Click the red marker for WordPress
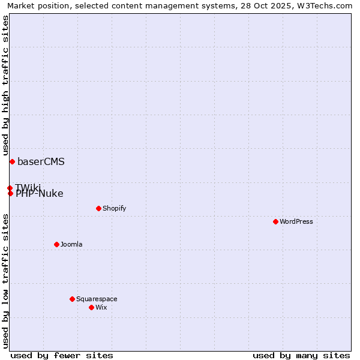pyautogui.click(x=275, y=221)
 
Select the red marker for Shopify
pyautogui.click(x=98, y=208)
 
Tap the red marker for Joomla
pyautogui.click(x=56, y=244)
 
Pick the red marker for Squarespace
pyautogui.click(x=72, y=299)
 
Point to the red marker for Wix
pyautogui.click(x=91, y=307)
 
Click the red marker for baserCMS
pyautogui.click(x=12, y=161)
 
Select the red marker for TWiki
pyautogui.click(x=10, y=188)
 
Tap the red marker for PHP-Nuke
pyautogui.click(x=10, y=193)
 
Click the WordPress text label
pyautogui.click(x=296, y=221)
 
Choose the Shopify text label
pyautogui.click(x=114, y=208)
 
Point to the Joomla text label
pyautogui.click(x=71, y=244)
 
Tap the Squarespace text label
pyautogui.click(x=97, y=299)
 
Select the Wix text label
pyautogui.click(x=101, y=307)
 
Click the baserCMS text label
pyautogui.click(x=41, y=161)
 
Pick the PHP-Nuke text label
pyautogui.click(x=40, y=194)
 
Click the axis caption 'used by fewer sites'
pyautogui.click(x=62, y=355)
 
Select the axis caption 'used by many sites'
pyautogui.click(x=301, y=355)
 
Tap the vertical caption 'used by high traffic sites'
pyautogui.click(x=6, y=85)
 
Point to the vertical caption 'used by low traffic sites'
pyautogui.click(x=6, y=281)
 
